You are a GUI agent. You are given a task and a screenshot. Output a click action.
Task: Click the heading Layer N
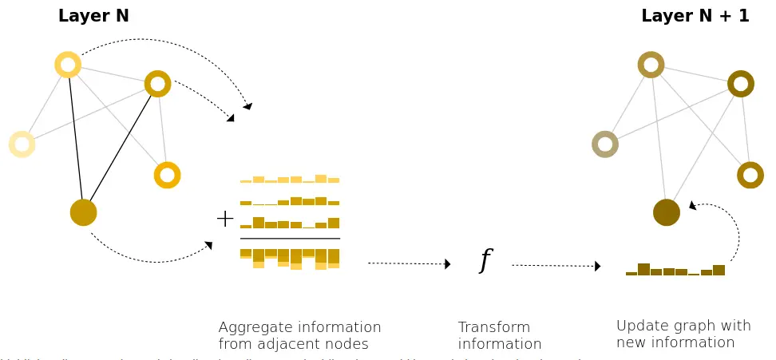tap(93, 15)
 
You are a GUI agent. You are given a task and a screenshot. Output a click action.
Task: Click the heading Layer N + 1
tap(695, 15)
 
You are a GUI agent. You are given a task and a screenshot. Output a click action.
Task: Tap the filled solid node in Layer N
tap(83, 212)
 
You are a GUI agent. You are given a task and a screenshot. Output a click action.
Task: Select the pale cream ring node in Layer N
tap(22, 144)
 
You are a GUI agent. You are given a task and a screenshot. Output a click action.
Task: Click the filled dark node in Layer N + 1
tap(666, 212)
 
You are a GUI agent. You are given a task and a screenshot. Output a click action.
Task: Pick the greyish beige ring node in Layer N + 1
tap(605, 144)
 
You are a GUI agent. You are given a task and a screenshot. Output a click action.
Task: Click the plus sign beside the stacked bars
tap(225, 218)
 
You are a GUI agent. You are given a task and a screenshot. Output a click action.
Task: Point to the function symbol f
tap(485, 260)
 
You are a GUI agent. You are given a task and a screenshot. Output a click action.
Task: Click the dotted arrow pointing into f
tap(409, 263)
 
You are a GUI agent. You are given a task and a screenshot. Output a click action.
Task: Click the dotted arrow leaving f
tap(556, 265)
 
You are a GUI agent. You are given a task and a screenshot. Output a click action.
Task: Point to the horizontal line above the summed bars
tap(290, 239)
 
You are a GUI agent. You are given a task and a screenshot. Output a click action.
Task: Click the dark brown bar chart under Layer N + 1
tap(675, 270)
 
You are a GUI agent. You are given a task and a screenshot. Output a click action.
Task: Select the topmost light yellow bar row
tap(290, 180)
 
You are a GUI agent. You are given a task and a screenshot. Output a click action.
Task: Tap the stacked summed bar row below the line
tap(290, 257)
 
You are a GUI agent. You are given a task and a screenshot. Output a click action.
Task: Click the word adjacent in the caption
tap(295, 344)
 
